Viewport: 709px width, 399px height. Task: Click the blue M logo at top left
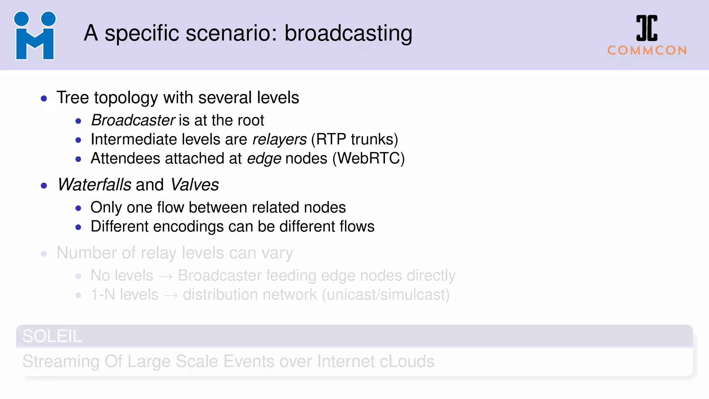pyautogui.click(x=35, y=36)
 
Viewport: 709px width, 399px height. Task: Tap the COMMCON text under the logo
pyautogui.click(x=647, y=51)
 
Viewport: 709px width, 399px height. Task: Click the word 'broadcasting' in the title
pyautogui.click(x=348, y=34)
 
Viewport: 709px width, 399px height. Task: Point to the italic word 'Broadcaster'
pyautogui.click(x=133, y=121)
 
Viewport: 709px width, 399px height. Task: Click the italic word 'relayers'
pyautogui.click(x=279, y=140)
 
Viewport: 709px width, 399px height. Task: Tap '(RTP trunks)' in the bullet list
pyautogui.click(x=354, y=140)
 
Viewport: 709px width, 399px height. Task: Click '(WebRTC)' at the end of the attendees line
pyautogui.click(x=368, y=159)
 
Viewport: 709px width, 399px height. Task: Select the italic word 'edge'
pyautogui.click(x=264, y=159)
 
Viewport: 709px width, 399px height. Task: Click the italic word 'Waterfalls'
pyautogui.click(x=94, y=185)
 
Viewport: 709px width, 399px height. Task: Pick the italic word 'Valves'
pyautogui.click(x=195, y=185)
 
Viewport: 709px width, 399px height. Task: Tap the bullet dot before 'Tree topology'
pyautogui.click(x=44, y=99)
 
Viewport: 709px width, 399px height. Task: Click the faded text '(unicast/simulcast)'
pyautogui.click(x=386, y=295)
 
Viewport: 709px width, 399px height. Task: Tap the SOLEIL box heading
pyautogui.click(x=52, y=336)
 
